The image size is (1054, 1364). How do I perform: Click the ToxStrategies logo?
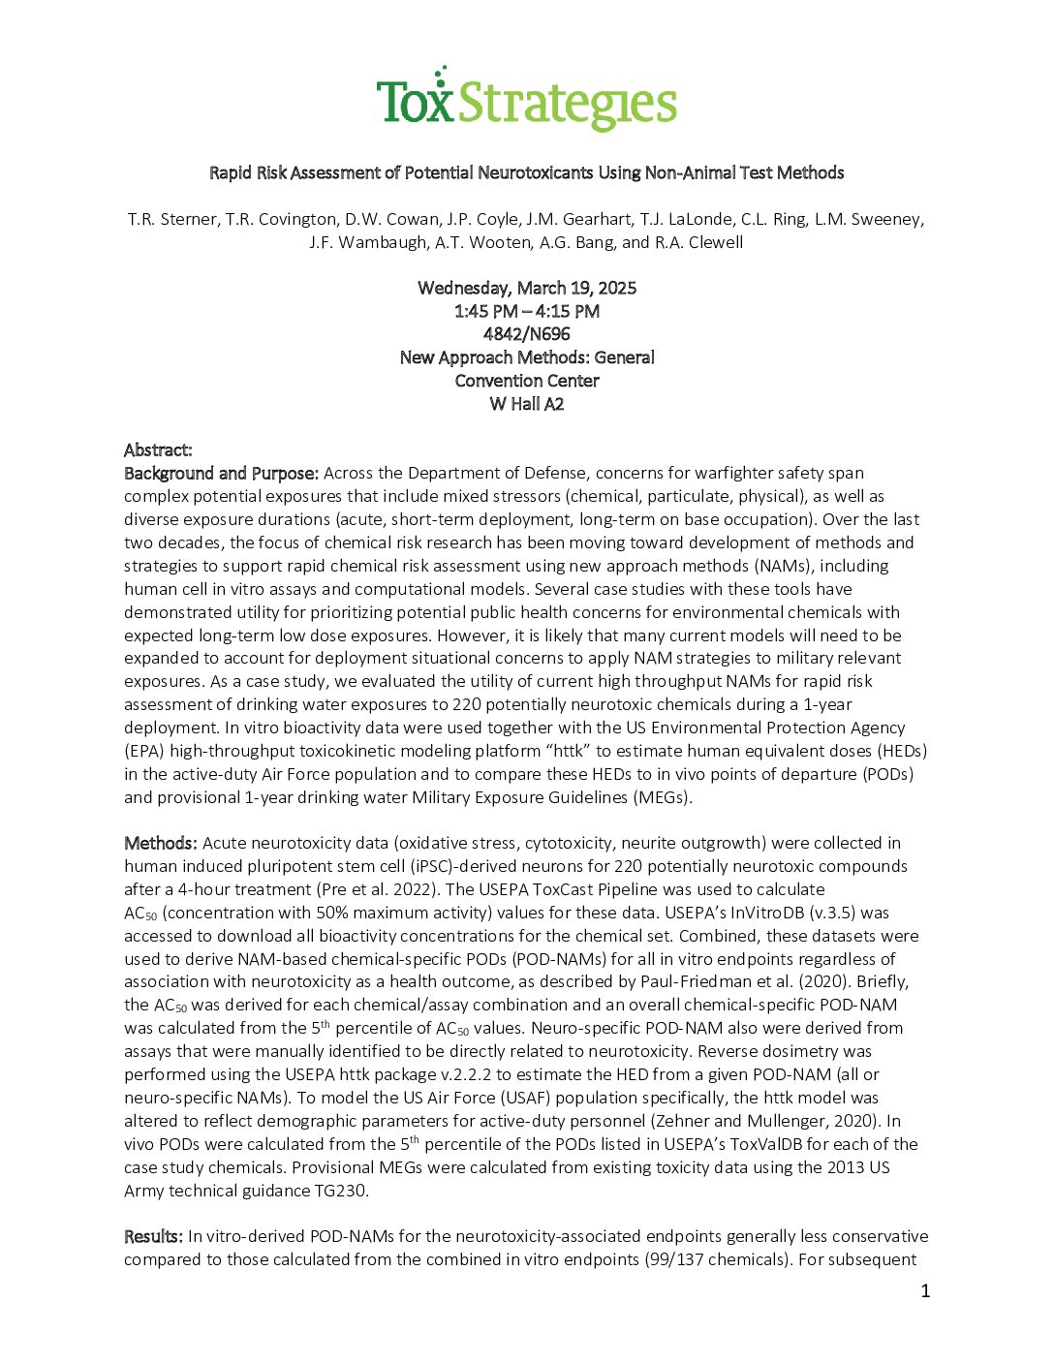pos(526,100)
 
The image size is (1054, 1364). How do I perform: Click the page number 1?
pos(925,1290)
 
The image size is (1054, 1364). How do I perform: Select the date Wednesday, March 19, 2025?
pos(527,288)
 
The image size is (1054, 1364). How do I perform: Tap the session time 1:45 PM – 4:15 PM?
pos(527,311)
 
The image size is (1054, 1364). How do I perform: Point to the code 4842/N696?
pos(527,334)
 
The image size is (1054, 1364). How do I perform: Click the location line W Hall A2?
pos(527,404)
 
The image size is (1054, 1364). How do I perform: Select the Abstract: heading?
pos(158,449)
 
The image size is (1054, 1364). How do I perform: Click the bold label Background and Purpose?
pos(221,473)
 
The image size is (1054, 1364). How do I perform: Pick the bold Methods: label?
pos(160,843)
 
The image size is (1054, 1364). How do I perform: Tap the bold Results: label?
pos(153,1236)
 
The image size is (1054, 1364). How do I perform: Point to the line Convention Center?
pos(527,381)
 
